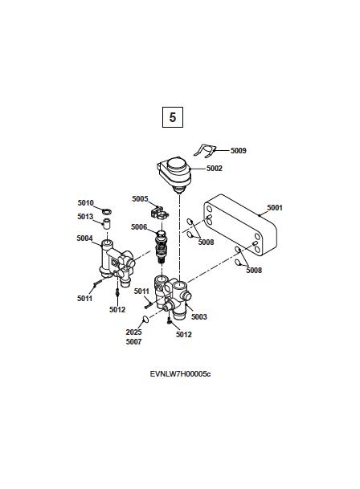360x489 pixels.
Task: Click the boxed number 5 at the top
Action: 173,117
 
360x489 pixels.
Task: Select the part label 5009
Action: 239,151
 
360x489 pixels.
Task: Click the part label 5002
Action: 215,169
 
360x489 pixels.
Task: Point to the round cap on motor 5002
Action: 177,165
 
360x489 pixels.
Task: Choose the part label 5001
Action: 275,208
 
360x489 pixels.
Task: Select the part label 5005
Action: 140,199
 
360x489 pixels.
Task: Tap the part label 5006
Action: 139,226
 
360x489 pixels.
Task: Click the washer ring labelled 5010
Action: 107,212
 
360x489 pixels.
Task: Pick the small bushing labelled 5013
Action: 108,223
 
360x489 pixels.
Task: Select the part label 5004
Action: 84,238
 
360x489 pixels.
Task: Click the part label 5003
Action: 199,317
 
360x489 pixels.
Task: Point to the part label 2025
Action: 133,332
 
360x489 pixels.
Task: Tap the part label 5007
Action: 133,342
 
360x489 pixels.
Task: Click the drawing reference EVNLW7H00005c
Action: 180,374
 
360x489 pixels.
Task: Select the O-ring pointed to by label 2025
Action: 145,319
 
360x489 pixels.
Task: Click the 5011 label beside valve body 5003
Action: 141,291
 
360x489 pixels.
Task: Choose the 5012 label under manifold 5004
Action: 117,310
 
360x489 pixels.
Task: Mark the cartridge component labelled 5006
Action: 161,247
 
